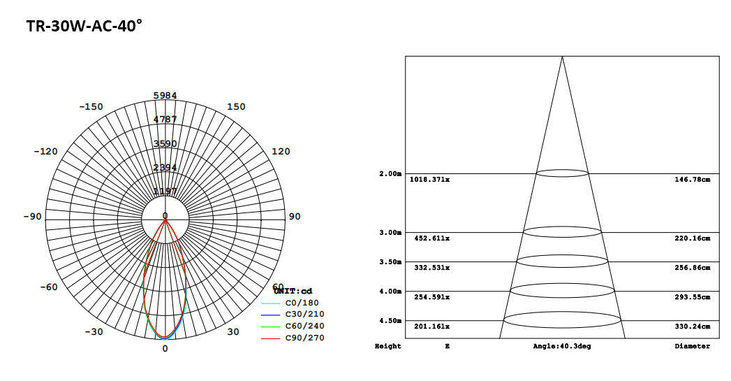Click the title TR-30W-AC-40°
(x=84, y=26)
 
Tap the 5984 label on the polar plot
(x=165, y=95)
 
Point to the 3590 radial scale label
(x=165, y=143)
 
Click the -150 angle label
(x=91, y=107)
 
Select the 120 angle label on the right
(x=280, y=152)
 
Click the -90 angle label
(x=32, y=217)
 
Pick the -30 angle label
(x=94, y=332)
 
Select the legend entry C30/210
(x=304, y=315)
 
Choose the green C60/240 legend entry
(x=304, y=326)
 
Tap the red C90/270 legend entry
(x=304, y=338)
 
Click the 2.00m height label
(x=390, y=173)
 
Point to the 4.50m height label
(x=390, y=321)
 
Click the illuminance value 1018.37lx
(x=429, y=180)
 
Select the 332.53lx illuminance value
(x=431, y=268)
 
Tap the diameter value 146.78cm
(x=692, y=180)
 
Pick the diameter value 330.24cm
(x=692, y=326)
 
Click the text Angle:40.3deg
(x=561, y=347)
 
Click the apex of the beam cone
(x=562, y=57)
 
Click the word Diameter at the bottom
(x=692, y=347)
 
